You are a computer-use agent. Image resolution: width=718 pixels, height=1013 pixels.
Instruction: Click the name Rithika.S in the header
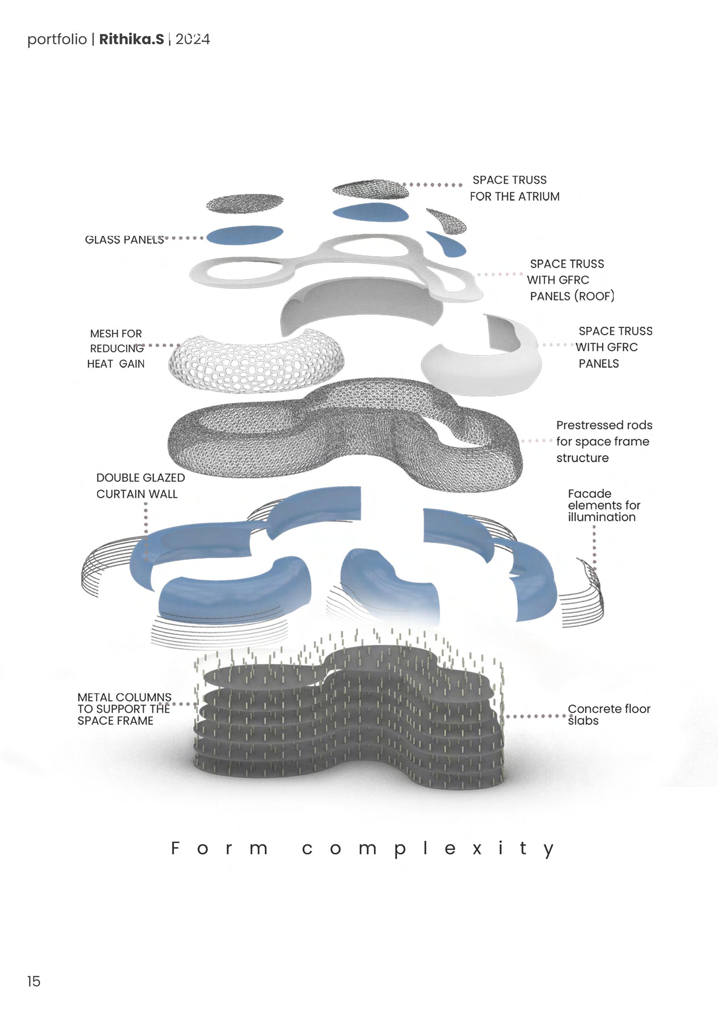point(132,39)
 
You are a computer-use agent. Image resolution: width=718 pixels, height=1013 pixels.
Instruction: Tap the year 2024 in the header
point(193,39)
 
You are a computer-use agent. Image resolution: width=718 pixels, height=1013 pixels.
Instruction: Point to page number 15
point(34,981)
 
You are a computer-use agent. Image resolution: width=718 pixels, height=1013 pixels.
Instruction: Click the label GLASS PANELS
point(124,239)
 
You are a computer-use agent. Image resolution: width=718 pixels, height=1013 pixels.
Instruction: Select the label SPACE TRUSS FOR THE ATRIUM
point(514,188)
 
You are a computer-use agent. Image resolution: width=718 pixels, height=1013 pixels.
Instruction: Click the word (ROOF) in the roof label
point(594,296)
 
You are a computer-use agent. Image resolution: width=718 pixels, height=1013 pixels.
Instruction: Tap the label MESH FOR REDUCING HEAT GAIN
point(116,349)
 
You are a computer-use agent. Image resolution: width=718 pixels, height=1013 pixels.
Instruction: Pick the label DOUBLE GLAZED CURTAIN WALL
point(140,486)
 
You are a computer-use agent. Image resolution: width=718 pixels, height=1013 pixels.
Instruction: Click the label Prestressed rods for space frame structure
point(603,441)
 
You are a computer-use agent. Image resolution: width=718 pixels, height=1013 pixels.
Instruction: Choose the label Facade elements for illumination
point(604,505)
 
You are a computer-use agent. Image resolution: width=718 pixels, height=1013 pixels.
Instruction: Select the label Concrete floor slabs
point(608,714)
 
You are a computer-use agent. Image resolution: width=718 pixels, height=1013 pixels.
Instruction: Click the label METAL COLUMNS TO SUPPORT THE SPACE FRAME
point(124,709)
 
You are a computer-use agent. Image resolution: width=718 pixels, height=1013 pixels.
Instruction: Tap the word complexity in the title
point(428,849)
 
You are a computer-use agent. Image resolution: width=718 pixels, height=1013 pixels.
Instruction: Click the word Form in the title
point(220,848)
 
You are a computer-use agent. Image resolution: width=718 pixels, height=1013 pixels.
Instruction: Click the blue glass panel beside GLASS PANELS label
point(244,235)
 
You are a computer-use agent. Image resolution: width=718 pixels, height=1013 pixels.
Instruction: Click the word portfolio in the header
point(57,39)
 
